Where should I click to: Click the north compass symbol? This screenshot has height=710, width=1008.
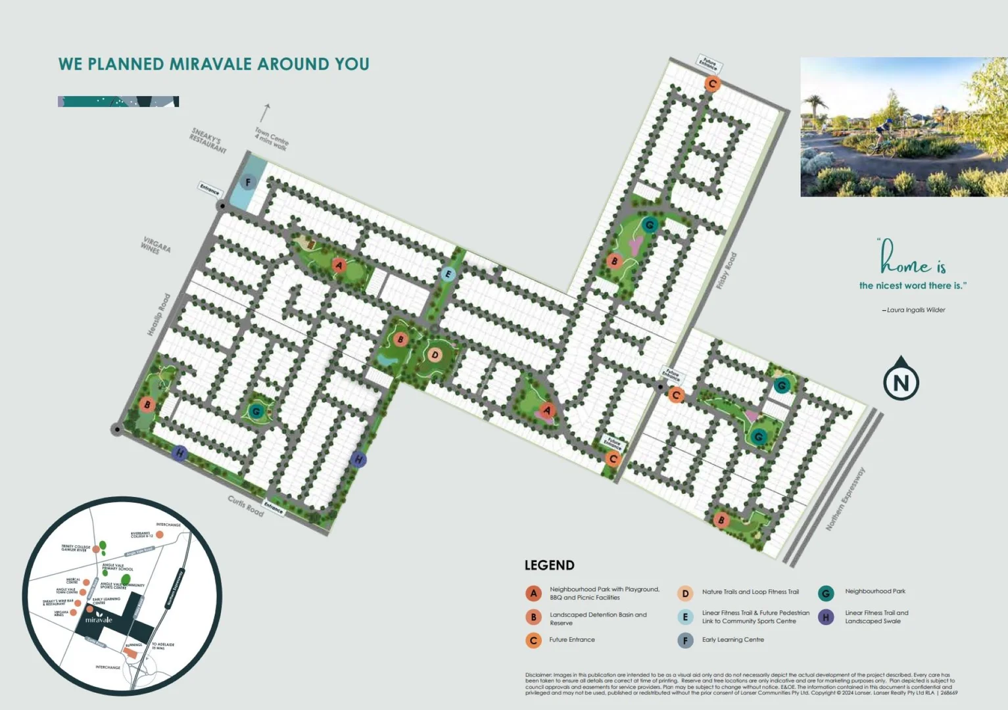pyautogui.click(x=900, y=379)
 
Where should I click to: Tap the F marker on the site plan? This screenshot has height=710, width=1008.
pyautogui.click(x=248, y=182)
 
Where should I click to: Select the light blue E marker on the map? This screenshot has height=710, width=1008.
pyautogui.click(x=448, y=274)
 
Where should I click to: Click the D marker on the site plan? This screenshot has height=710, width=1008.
pyautogui.click(x=435, y=355)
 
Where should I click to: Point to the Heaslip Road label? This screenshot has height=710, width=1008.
pyautogui.click(x=158, y=314)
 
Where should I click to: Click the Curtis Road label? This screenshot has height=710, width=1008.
pyautogui.click(x=245, y=505)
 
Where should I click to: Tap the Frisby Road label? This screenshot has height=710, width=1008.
pyautogui.click(x=727, y=271)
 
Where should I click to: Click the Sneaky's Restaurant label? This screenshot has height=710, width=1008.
pyautogui.click(x=208, y=141)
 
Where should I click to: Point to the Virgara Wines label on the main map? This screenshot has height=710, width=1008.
pyautogui.click(x=156, y=245)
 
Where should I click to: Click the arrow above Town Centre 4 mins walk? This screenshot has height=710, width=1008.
pyautogui.click(x=266, y=112)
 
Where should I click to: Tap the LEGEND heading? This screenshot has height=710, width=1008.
pyautogui.click(x=549, y=565)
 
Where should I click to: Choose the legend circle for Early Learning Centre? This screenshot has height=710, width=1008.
pyautogui.click(x=685, y=640)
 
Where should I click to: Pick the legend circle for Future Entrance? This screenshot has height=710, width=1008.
pyautogui.click(x=533, y=640)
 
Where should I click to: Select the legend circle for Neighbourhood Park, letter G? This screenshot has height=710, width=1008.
pyautogui.click(x=826, y=593)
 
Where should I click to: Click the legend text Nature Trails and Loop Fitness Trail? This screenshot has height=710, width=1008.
pyautogui.click(x=750, y=592)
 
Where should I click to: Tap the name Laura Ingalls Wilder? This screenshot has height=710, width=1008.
pyautogui.click(x=915, y=310)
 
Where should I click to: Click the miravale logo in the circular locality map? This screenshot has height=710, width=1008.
pyautogui.click(x=99, y=617)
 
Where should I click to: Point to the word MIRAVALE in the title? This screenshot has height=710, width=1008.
pyautogui.click(x=210, y=64)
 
